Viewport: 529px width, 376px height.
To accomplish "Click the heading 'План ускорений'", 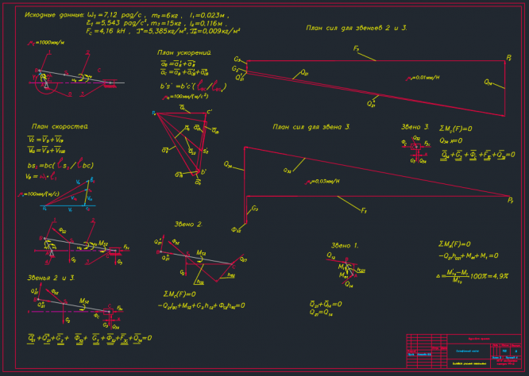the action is [184, 52].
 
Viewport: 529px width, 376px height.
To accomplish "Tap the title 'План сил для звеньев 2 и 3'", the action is [357, 28].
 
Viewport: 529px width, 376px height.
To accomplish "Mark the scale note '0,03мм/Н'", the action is [324, 182].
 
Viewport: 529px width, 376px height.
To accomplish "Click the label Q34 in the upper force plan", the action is [488, 82].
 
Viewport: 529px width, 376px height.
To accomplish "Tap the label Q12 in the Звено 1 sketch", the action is [331, 255].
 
